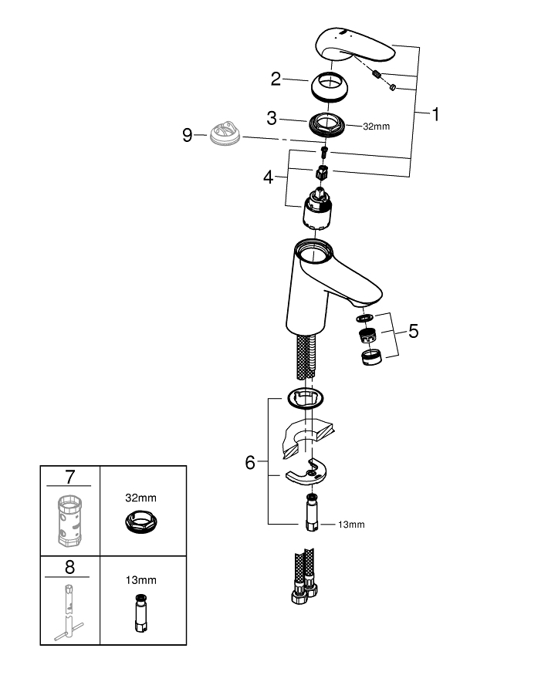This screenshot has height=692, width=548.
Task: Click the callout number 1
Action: pos(435,114)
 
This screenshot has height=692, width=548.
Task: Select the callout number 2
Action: pos(276,79)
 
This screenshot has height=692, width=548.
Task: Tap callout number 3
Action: pos(272,118)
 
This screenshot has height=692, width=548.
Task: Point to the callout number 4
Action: pos(268,177)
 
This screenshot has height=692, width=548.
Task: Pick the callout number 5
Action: pos(414,331)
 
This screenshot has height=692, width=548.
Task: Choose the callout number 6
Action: pos(250,463)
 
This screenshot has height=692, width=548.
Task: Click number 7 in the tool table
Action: pos(69,477)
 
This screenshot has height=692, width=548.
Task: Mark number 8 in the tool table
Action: pos(69,567)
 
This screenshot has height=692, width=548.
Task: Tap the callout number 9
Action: pos(188,135)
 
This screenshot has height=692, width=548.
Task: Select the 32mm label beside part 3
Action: pos(376,127)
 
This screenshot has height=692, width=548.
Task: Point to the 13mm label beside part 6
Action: pos(351,525)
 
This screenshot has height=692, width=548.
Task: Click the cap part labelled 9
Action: pos(225,133)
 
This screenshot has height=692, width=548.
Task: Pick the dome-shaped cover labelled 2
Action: pos(330,87)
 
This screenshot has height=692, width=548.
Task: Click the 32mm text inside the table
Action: pos(141,498)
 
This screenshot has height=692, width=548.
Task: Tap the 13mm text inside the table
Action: pos(141,580)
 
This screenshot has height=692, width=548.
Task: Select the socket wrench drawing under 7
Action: pos(69,521)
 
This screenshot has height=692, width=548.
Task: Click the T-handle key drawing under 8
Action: pos(69,613)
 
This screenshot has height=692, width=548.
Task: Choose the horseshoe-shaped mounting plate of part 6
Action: pos(307,472)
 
